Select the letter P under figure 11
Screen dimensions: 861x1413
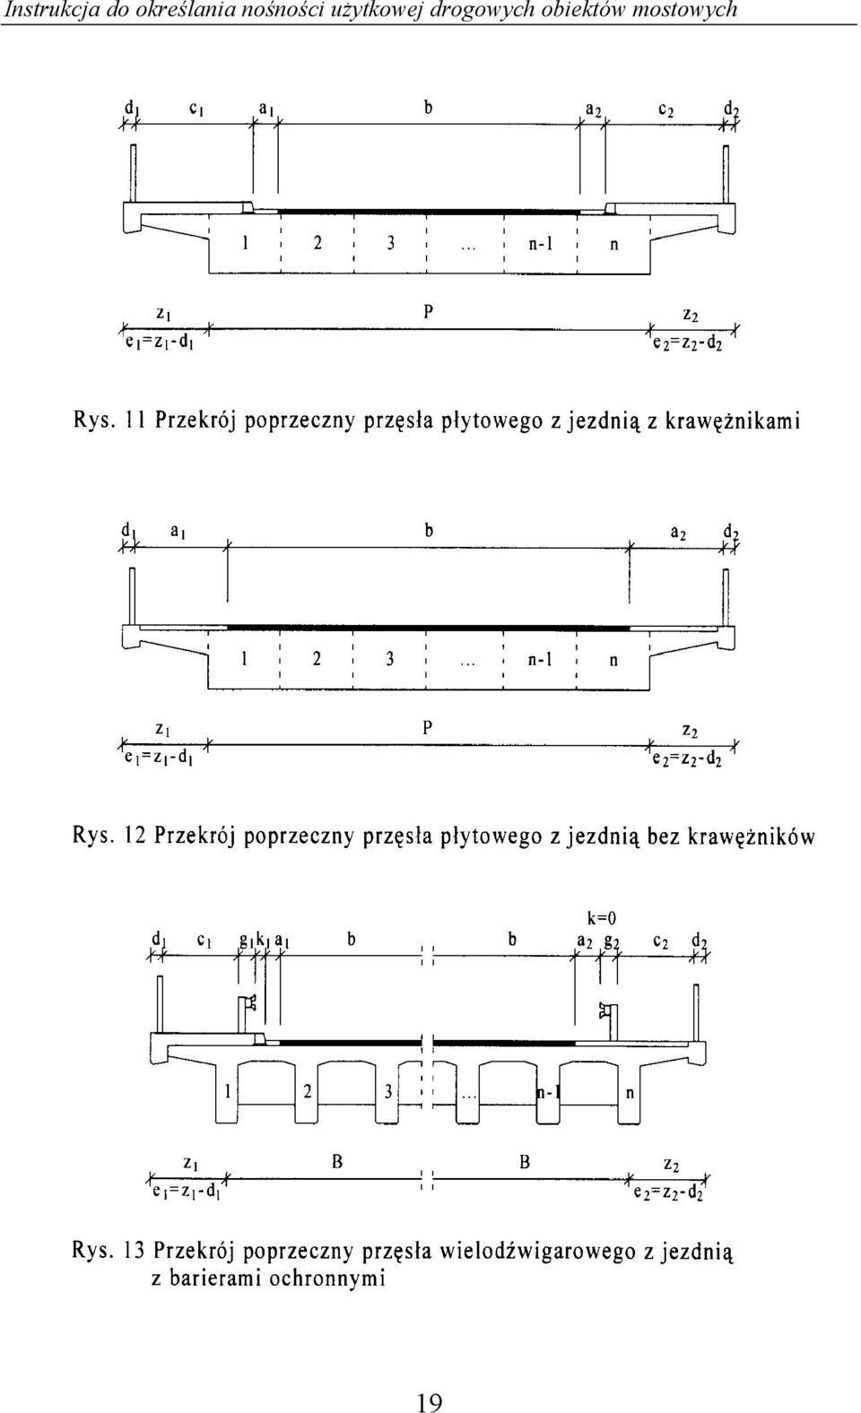428,312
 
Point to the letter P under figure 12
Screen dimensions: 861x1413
427,728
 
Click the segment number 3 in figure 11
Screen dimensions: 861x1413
391,243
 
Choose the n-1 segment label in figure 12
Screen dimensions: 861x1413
540,660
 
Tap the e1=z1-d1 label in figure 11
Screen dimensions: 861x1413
159,344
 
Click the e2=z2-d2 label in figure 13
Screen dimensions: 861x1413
670,1192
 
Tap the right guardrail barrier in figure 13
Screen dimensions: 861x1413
609,1021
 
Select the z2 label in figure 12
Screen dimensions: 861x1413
690,730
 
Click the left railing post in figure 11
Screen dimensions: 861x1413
133,173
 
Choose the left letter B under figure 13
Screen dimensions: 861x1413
338,1162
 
